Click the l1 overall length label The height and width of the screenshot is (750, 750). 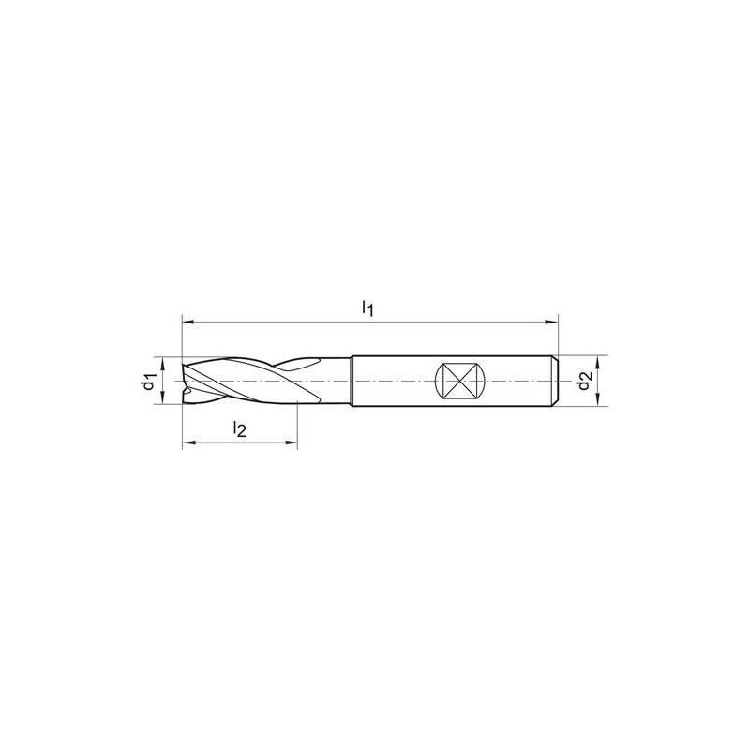point(368,308)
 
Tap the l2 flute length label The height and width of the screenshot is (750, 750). point(239,429)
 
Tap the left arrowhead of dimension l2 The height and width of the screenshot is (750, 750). point(186,443)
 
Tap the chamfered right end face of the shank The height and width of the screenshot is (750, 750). point(557,381)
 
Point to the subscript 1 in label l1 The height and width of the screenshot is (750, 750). point(372,312)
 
